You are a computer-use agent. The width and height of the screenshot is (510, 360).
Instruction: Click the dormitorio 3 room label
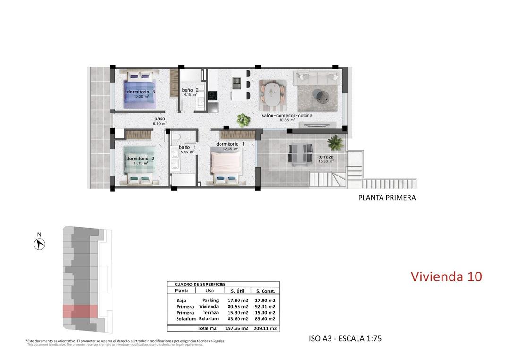pyautogui.click(x=141, y=92)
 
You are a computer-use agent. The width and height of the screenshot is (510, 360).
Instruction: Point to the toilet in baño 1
pyautogui.click(x=177, y=136)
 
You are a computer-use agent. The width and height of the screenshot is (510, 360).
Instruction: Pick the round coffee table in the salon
pyautogui.click(x=323, y=97)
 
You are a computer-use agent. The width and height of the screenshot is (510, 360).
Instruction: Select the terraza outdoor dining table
pyautogui.click(x=300, y=154)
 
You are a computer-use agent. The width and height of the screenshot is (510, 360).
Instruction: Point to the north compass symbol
pyautogui.click(x=40, y=244)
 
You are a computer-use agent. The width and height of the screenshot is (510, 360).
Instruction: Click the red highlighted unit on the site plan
pyautogui.click(x=80, y=311)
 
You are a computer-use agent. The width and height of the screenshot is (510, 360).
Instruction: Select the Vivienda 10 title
pyautogui.click(x=446, y=276)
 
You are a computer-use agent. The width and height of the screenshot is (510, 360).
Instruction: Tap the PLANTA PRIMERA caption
pyautogui.click(x=387, y=198)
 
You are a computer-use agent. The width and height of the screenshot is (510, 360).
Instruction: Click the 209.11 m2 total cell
pyautogui.click(x=265, y=328)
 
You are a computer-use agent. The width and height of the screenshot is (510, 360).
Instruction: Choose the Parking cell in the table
pyautogui.click(x=210, y=300)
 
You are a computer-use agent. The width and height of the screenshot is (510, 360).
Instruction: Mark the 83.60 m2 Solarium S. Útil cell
pyautogui.click(x=238, y=319)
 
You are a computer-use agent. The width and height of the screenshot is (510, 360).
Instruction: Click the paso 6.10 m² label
pyautogui.click(x=160, y=121)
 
